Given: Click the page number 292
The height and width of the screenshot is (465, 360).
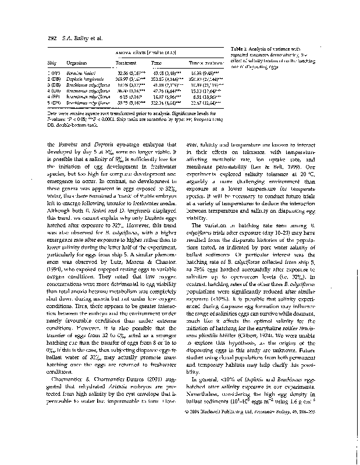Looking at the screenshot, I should click(45, 38).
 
